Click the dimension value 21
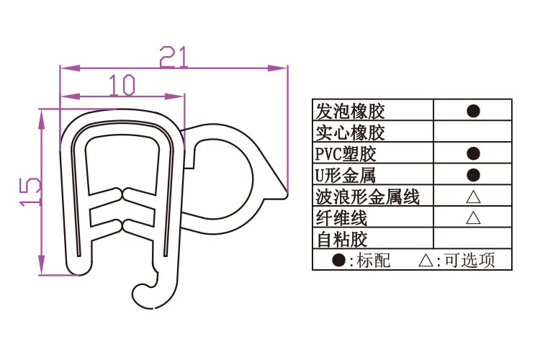174,55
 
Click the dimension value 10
122,86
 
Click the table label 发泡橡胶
351,111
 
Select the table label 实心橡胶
351,132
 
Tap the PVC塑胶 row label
346,153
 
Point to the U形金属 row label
346,174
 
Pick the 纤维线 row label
341,217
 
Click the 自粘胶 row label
341,238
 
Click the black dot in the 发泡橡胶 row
473,111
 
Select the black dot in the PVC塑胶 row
473,153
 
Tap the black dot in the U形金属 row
473,174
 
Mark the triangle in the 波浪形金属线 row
473,196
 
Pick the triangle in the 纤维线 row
473,217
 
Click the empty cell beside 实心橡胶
473,132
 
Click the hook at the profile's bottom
148,291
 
